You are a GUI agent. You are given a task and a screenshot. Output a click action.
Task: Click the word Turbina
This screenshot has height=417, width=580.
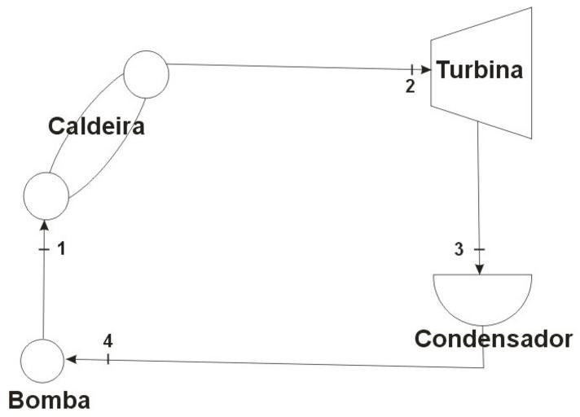[479, 70]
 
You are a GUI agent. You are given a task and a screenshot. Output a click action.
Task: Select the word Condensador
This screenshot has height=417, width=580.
[494, 339]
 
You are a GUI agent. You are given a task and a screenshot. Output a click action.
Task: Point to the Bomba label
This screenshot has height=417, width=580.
[49, 400]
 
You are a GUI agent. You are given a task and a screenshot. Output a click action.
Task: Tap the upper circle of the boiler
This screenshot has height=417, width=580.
[147, 73]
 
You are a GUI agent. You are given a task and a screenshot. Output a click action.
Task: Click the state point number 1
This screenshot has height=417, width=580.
[60, 249]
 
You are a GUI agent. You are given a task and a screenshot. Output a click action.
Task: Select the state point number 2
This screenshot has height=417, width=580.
[410, 85]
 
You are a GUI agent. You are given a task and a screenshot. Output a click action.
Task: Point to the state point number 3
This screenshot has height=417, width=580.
[459, 249]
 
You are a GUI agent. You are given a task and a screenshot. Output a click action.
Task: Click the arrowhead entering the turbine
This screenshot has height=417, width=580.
[425, 70]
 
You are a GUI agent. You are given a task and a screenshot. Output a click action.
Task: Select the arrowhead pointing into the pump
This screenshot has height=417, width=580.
[71, 358]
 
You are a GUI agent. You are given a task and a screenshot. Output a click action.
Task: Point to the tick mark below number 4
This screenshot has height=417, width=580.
[108, 358]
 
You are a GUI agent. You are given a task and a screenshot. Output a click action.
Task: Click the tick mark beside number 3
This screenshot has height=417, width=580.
[480, 249]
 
